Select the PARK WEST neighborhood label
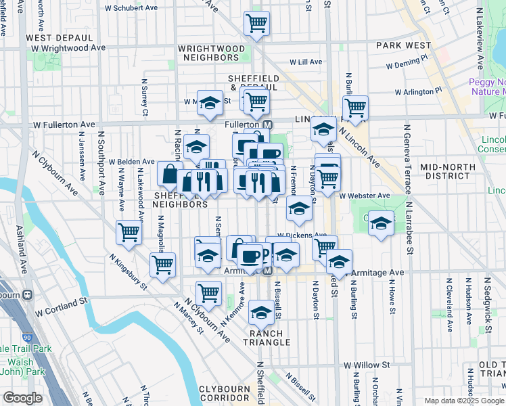(403, 45)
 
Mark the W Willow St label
(366, 365)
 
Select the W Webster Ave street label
(365, 196)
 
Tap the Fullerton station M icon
(267, 125)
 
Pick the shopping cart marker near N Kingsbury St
(162, 265)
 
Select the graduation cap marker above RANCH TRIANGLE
(261, 312)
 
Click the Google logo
(22, 398)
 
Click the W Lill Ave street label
(306, 62)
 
